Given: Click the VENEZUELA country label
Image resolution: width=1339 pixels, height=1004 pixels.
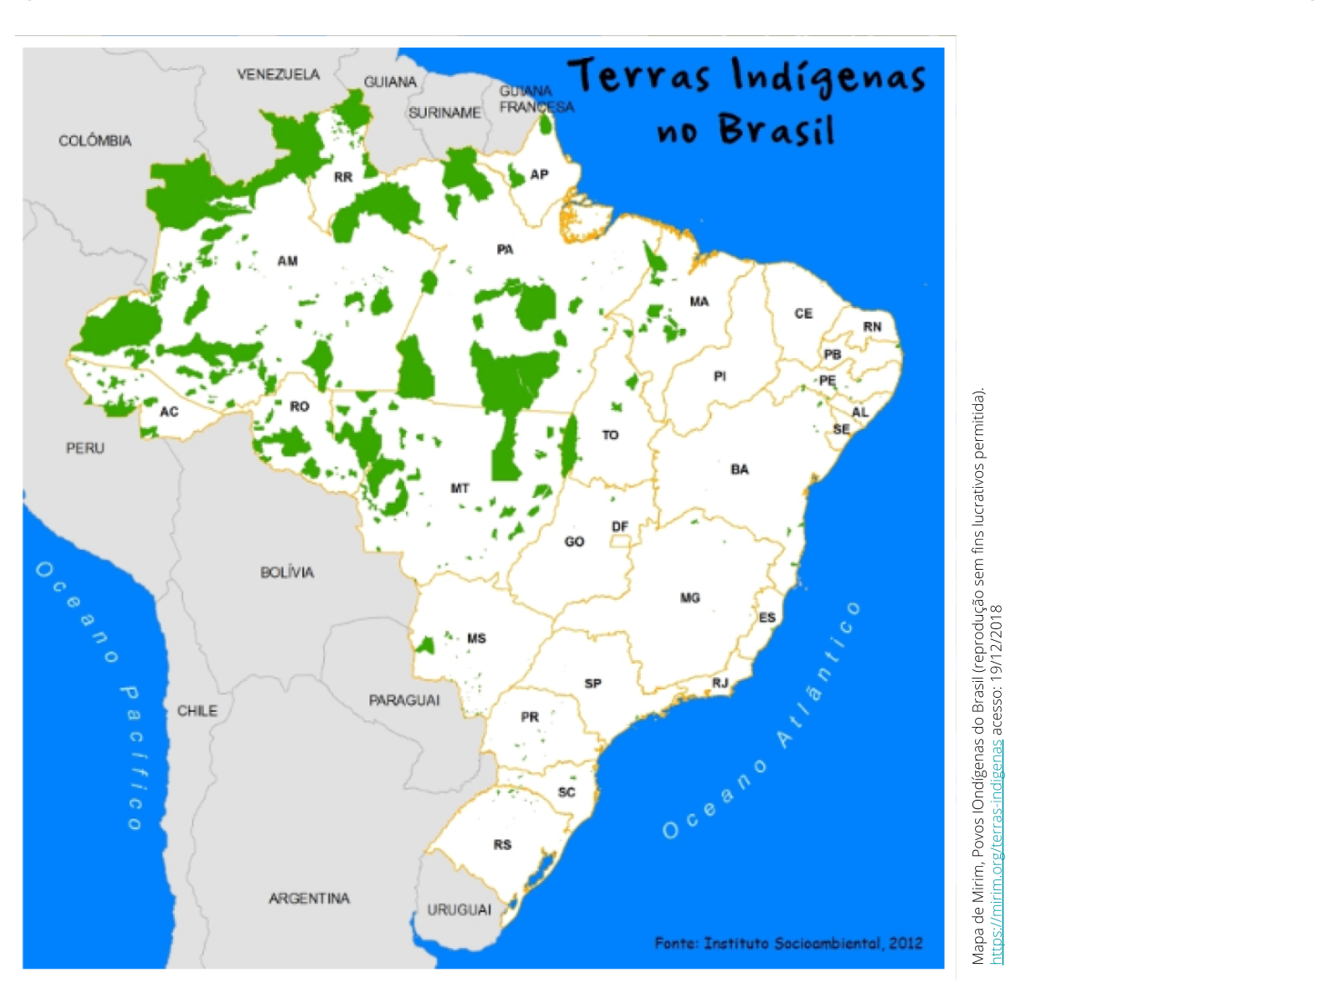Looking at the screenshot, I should (x=278, y=74).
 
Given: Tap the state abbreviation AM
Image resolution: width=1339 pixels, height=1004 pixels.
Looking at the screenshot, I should (x=287, y=261).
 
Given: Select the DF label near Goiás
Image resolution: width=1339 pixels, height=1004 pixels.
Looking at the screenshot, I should (x=619, y=526).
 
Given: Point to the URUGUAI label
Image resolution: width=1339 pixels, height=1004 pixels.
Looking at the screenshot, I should (x=459, y=909).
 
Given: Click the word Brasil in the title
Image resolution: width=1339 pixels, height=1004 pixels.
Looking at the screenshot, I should (x=776, y=130).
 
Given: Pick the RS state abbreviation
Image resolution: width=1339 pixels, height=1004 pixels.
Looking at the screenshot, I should (x=502, y=845).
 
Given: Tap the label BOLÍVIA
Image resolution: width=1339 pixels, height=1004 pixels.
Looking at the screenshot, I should (x=287, y=572).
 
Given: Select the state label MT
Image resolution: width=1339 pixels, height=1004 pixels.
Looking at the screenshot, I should (x=459, y=488).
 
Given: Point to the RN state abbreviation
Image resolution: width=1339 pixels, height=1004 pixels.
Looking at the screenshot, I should (x=872, y=326).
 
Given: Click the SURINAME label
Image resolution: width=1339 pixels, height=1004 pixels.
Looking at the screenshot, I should (x=444, y=112).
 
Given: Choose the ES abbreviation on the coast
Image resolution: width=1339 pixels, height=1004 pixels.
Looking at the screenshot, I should (x=767, y=617).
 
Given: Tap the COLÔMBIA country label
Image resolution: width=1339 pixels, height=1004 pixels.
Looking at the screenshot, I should (x=95, y=141).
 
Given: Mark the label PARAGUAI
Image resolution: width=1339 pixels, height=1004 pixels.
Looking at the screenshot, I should (x=404, y=699).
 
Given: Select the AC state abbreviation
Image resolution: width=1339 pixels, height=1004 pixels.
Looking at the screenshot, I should (x=169, y=411).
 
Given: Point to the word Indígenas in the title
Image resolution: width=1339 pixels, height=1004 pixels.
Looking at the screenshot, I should (x=829, y=77).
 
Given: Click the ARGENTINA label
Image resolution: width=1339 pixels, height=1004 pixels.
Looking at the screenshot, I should (x=309, y=898).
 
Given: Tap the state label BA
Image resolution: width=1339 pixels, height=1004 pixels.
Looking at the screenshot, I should (x=739, y=469).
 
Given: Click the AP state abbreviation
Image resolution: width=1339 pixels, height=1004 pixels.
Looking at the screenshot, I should (x=539, y=175).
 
